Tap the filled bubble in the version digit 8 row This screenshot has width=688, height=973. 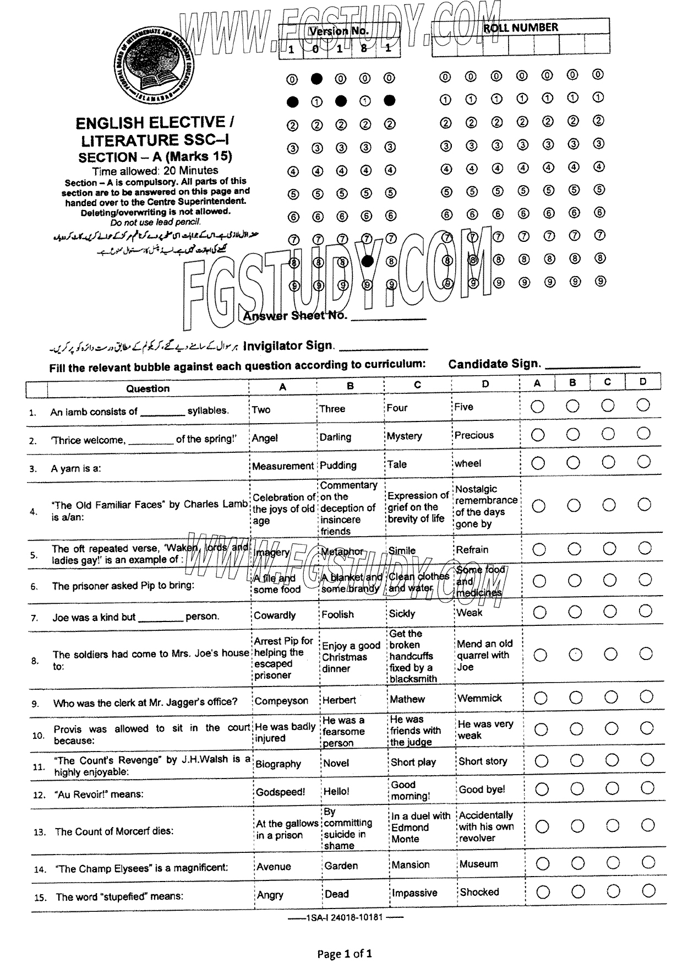click(x=368, y=261)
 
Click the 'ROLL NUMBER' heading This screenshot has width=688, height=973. click(x=520, y=28)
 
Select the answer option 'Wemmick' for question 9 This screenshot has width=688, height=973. click(x=480, y=698)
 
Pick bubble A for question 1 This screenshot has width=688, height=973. click(x=537, y=407)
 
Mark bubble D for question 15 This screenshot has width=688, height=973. click(x=648, y=890)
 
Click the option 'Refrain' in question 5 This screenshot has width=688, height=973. click(x=472, y=549)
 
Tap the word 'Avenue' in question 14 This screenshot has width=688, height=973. click(x=274, y=866)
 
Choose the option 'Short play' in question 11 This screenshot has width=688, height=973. click(x=413, y=762)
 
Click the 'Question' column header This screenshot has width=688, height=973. click(x=148, y=388)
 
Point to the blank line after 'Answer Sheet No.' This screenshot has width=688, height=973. click(x=389, y=318)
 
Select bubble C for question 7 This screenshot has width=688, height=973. click(x=610, y=612)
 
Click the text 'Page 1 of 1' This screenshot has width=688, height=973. click(x=345, y=954)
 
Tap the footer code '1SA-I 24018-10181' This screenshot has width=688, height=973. click(x=345, y=918)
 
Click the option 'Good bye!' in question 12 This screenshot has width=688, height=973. click(x=482, y=790)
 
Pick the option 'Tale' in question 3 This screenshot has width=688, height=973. click(x=398, y=464)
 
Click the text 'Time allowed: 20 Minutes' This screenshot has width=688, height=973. click(x=155, y=170)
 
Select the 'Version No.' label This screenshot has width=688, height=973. click(x=338, y=31)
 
